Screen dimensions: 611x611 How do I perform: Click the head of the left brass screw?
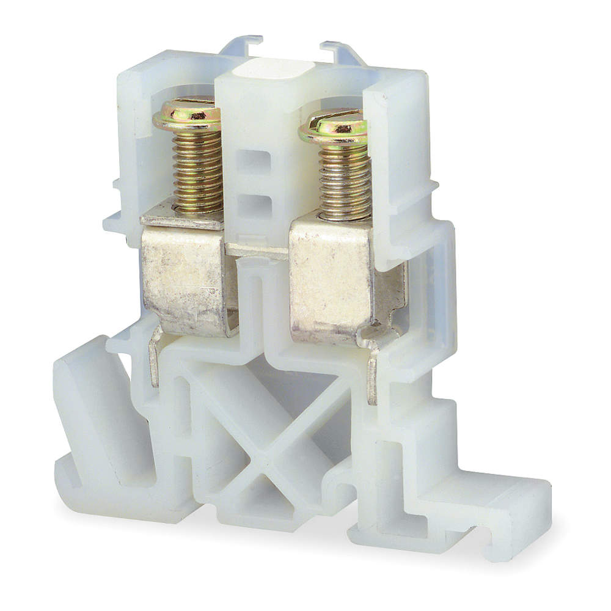click(x=187, y=114)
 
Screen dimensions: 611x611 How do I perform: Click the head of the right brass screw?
click(x=333, y=128)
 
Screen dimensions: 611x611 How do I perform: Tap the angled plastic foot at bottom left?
click(x=92, y=415)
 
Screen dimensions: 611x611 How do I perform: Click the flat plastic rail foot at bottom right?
click(x=483, y=513)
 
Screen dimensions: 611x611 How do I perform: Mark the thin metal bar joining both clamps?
click(x=257, y=249)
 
